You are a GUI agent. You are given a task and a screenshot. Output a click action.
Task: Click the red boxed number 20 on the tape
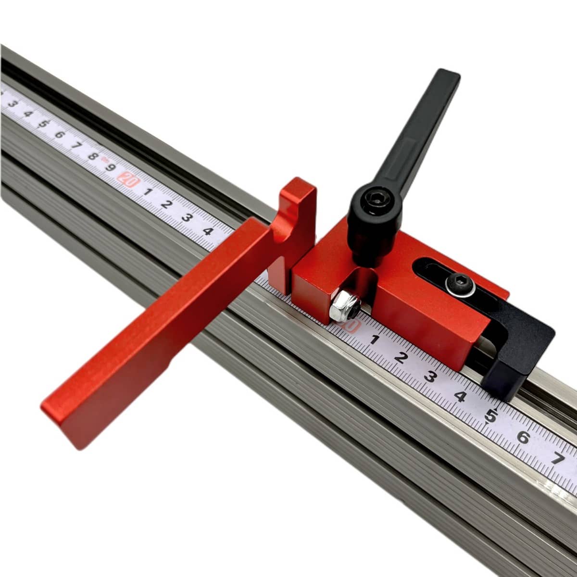pos(128,180)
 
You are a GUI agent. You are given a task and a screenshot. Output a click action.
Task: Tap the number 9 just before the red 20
pos(110,167)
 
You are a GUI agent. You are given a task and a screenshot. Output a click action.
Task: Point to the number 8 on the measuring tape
pos(93,156)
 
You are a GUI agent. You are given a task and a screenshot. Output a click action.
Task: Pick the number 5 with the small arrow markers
pos(491,416)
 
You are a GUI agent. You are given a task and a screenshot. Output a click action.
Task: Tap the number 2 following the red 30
pos(400,358)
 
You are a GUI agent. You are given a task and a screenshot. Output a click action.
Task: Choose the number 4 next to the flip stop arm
pos(208,231)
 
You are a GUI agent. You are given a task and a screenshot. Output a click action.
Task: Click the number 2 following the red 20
pos(166,204)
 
